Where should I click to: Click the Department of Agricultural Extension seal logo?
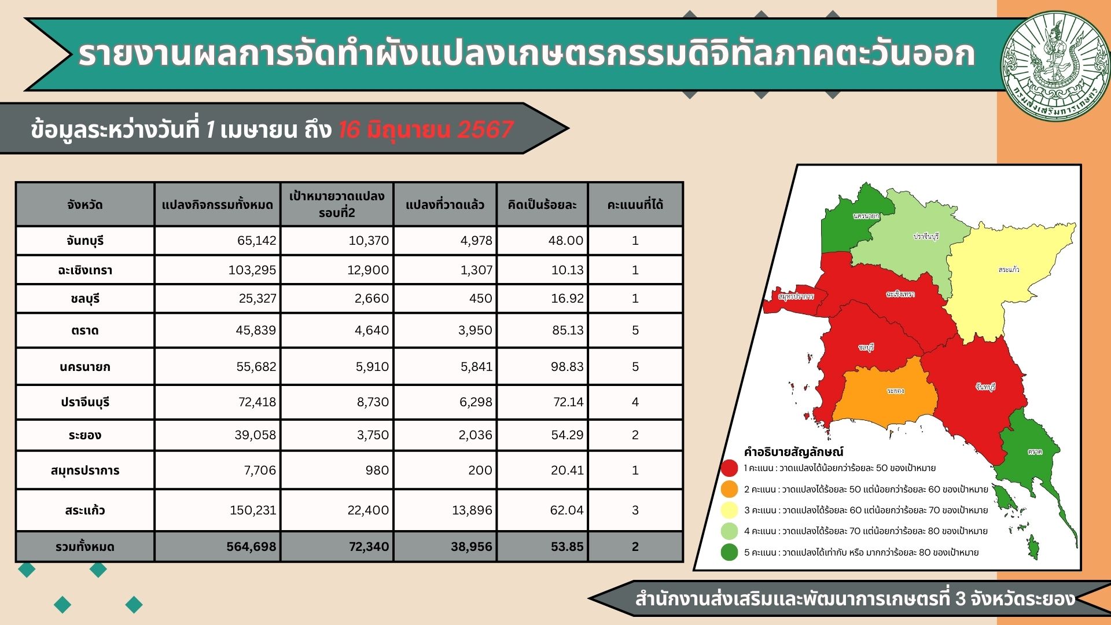click(1055, 67)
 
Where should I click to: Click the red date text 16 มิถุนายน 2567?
click(425, 130)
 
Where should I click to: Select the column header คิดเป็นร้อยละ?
click(542, 205)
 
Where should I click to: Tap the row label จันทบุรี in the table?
click(85, 241)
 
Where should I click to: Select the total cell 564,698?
click(251, 546)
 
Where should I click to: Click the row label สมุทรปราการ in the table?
click(85, 470)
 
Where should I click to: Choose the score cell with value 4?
click(635, 402)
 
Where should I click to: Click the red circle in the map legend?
click(730, 468)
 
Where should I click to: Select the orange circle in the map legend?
click(730, 489)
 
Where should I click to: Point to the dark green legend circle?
click(730, 552)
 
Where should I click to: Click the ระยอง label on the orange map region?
click(895, 391)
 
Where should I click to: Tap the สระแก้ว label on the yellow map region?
click(1009, 270)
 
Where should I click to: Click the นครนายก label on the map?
click(866, 216)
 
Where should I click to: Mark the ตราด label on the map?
click(1035, 451)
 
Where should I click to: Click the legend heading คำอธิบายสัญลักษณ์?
click(793, 452)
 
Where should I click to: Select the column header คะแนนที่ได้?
click(635, 205)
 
